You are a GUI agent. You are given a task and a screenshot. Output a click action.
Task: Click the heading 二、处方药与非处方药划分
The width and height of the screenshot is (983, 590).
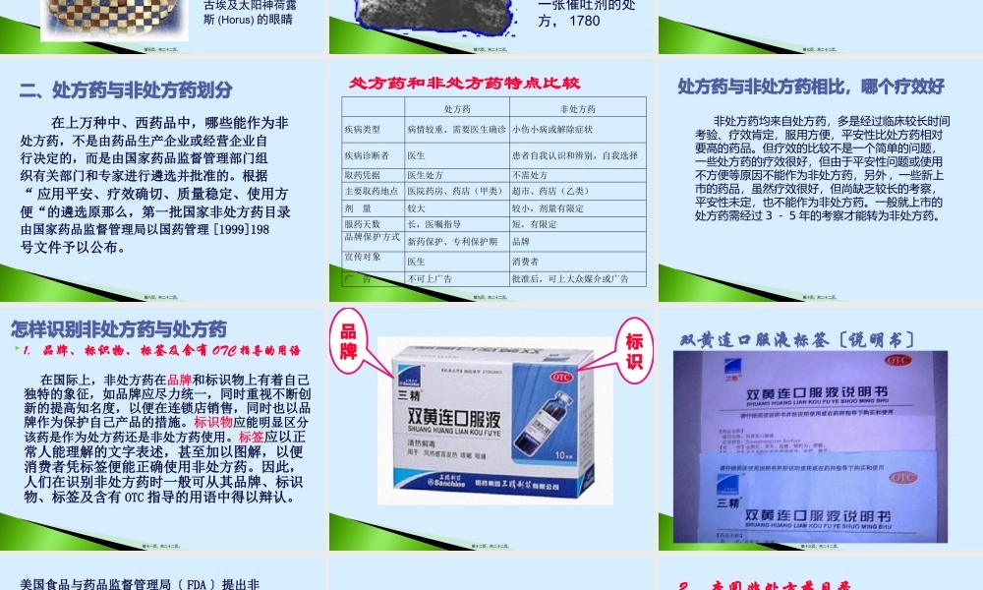pyautogui.click(x=126, y=90)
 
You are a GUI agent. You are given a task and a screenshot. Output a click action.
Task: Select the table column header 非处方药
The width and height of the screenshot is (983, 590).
pyautogui.click(x=576, y=109)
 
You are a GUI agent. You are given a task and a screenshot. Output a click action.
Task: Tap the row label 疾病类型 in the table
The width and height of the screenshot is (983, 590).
pyautogui.click(x=362, y=130)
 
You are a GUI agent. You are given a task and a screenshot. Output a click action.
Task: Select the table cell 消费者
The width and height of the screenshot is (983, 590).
pyautogui.click(x=526, y=262)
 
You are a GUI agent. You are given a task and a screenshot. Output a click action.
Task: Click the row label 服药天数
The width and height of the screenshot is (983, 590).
pyautogui.click(x=362, y=224)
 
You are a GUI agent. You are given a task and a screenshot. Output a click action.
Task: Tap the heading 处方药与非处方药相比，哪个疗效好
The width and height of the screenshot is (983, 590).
pyautogui.click(x=811, y=87)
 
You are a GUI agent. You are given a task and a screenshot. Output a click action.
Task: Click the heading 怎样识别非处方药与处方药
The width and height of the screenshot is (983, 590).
pyautogui.click(x=118, y=328)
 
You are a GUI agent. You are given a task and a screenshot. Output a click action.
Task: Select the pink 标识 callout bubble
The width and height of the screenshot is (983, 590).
pyautogui.click(x=634, y=352)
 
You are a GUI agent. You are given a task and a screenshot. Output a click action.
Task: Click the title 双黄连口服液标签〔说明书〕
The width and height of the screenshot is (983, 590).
pyautogui.click(x=798, y=339)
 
